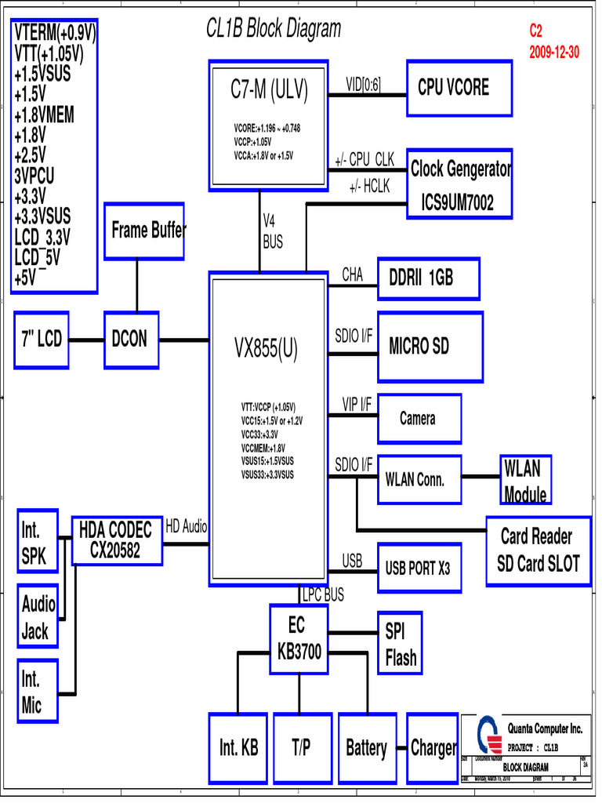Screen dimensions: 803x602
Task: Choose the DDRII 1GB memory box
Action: (x=428, y=278)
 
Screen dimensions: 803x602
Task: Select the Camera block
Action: (x=419, y=419)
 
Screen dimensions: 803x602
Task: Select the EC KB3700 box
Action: (x=299, y=639)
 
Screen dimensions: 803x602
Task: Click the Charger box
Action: (x=433, y=748)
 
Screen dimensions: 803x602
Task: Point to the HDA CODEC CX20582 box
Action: (x=117, y=540)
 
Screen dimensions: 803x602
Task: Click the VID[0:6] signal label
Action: (x=364, y=85)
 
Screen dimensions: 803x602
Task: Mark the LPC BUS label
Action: (x=323, y=596)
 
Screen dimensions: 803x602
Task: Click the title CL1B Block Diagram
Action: (x=274, y=30)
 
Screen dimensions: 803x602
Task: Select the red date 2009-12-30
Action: (x=554, y=53)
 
